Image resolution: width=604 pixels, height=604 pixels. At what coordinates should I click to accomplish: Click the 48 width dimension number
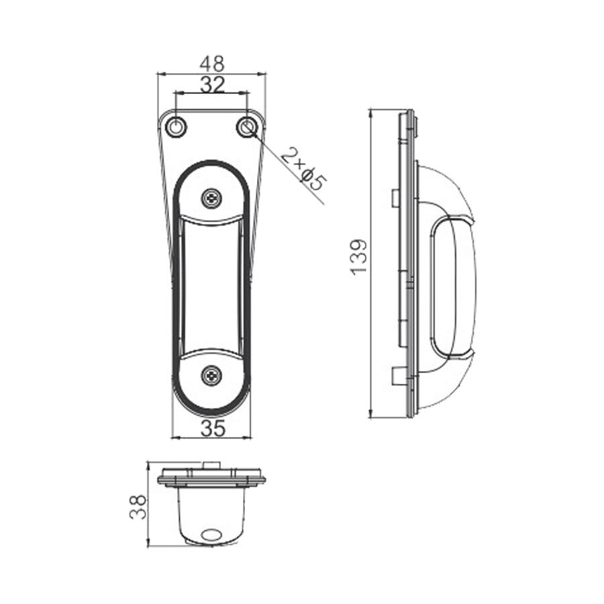tap(212, 64)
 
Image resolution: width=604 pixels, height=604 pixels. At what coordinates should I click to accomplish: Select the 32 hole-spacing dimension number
tap(212, 84)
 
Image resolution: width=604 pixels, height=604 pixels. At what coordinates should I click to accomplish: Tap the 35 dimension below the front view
tap(212, 428)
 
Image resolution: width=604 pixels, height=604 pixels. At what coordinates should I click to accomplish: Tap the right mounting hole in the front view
tap(247, 126)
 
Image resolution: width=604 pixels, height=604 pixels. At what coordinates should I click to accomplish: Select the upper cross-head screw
tap(212, 198)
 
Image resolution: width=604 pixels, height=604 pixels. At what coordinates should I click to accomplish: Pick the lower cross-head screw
tap(212, 375)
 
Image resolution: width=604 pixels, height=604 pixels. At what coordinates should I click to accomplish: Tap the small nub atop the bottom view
tap(212, 464)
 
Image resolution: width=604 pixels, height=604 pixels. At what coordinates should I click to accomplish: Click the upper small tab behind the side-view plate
tap(395, 197)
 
